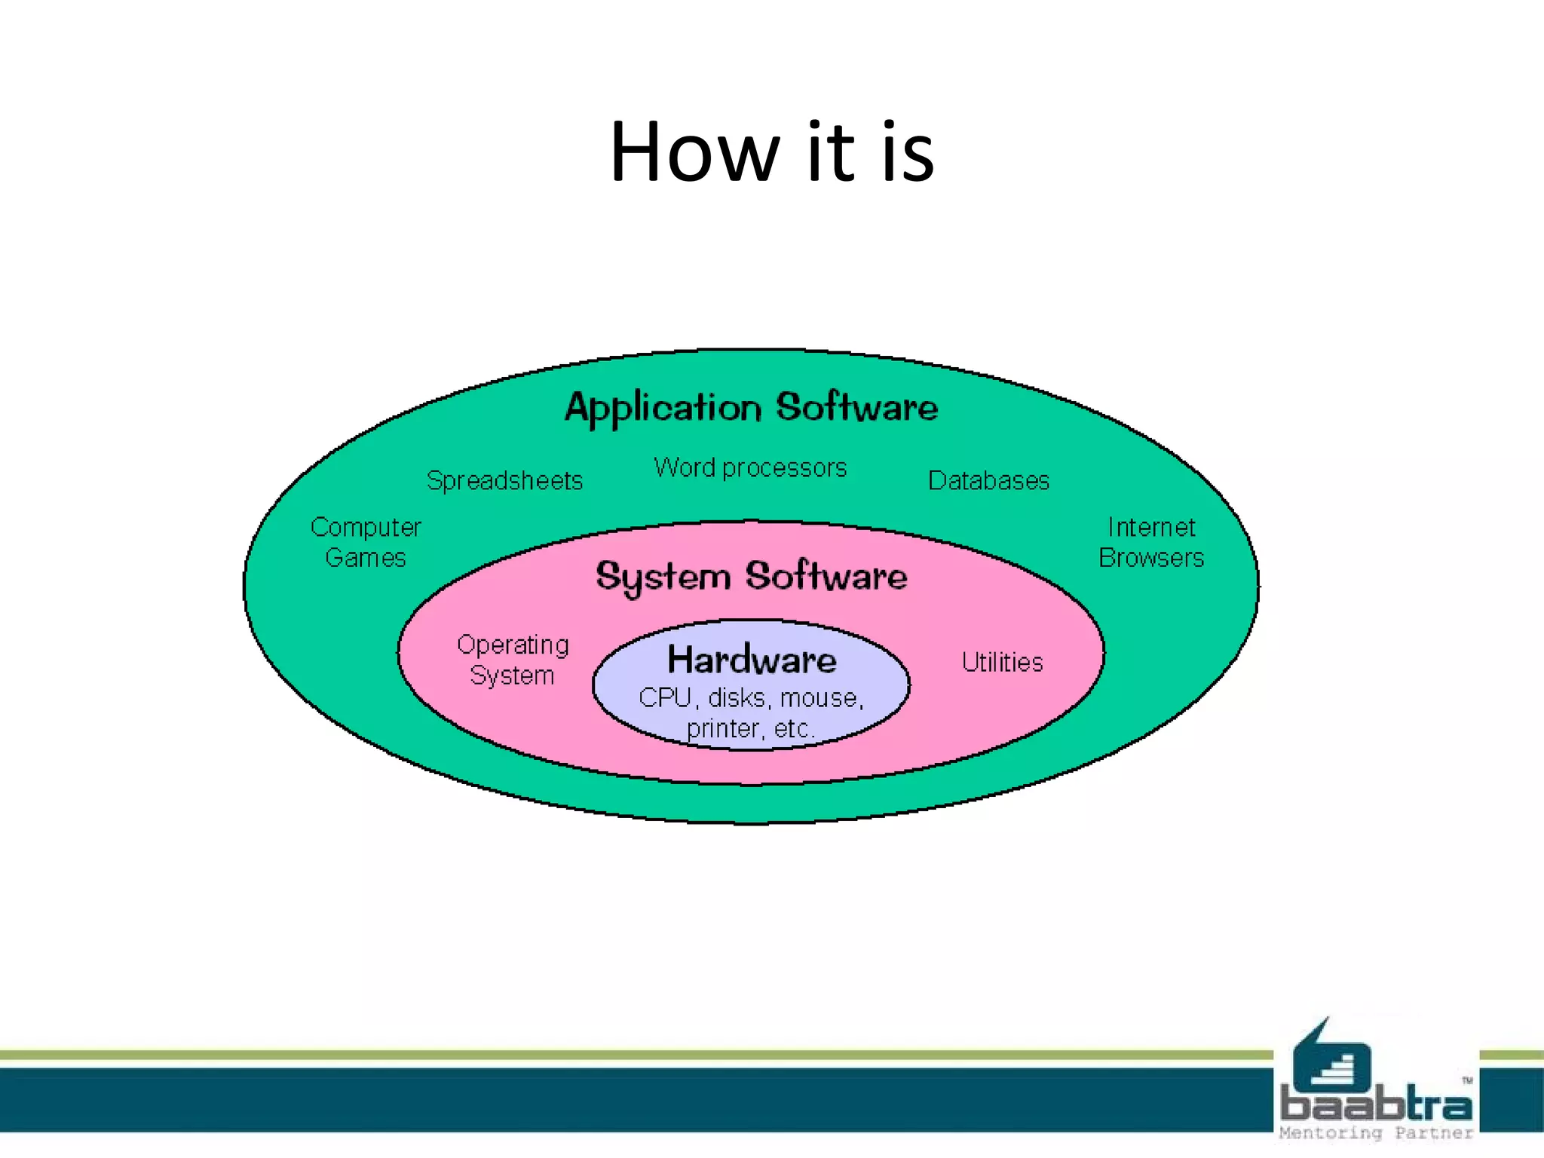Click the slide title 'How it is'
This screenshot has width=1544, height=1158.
772,153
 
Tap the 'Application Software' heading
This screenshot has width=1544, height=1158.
752,408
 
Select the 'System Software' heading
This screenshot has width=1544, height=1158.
752,577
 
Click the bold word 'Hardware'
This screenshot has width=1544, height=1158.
752,660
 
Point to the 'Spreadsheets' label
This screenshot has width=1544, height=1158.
504,481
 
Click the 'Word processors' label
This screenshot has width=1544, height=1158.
750,468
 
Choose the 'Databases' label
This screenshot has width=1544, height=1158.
988,481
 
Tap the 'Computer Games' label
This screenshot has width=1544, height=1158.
366,542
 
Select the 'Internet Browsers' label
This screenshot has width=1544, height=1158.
1151,542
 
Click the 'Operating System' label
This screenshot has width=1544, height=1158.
513,660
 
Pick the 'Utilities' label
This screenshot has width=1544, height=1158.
1002,663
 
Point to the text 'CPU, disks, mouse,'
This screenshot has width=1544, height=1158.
751,698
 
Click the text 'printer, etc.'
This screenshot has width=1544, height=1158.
750,729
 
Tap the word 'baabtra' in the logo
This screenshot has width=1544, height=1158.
1376,1105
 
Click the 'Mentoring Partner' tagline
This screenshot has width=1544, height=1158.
1376,1133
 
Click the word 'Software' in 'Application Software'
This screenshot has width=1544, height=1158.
857,408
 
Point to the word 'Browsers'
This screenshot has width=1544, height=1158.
1151,558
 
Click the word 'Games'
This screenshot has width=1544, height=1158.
366,558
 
